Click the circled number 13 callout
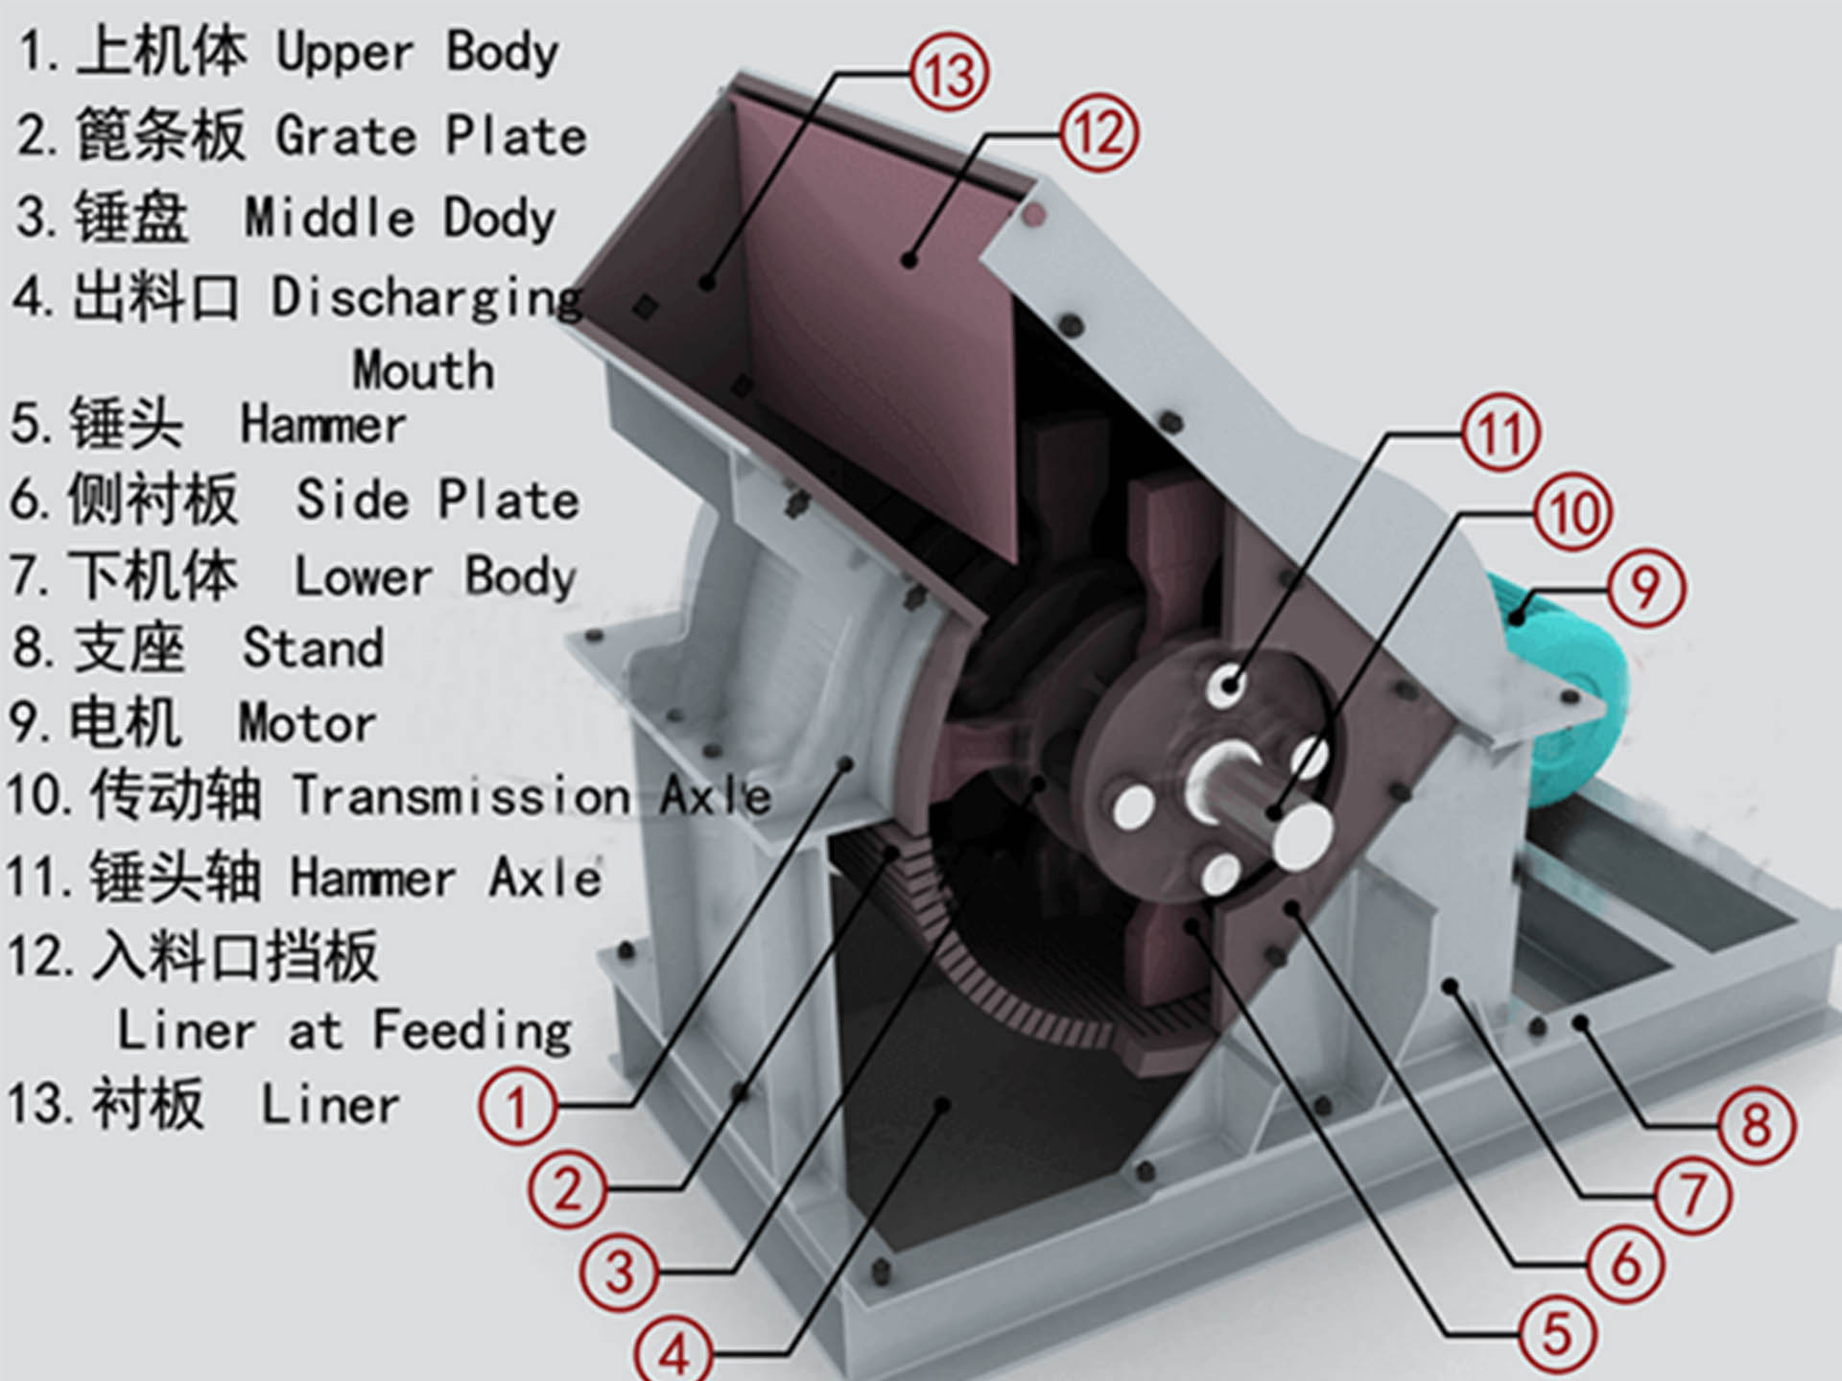pos(949,75)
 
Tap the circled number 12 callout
pos(1098,133)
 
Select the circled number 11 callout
pos(1500,433)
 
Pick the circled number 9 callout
pos(1644,587)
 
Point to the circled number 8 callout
pos(1755,1125)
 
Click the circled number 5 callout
pos(1556,1333)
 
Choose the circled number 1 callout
pos(517,1106)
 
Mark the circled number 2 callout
pos(568,1190)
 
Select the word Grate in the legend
pos(346,136)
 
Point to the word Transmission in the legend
pos(461,795)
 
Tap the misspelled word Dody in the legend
pos(499,219)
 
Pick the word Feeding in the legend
pos(472,1031)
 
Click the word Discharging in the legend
pos(427,297)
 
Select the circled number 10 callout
pos(1572,513)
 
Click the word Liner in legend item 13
pos(330,1105)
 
